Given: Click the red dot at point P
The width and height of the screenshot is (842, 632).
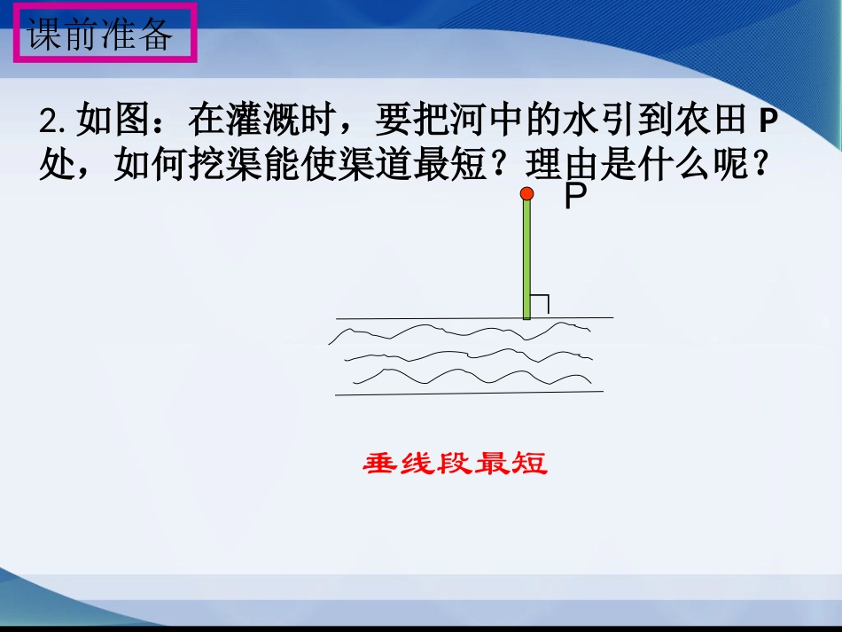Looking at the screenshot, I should tap(526, 192).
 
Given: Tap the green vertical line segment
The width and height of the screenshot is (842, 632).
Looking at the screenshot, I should tap(526, 257).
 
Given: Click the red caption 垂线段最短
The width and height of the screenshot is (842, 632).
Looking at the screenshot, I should tap(456, 463).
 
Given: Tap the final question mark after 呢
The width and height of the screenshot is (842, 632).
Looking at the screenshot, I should tap(758, 166).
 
